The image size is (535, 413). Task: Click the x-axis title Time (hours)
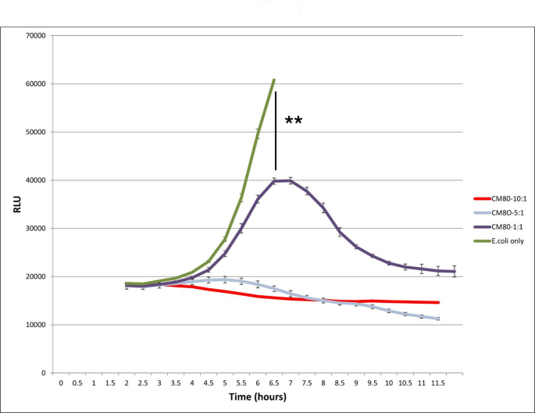258,397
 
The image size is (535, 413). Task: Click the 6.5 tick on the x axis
273,383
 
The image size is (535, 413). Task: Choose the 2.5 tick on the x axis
143,383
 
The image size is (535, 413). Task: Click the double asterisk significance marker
294,121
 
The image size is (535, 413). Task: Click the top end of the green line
274,80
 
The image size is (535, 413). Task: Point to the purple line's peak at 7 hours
290,180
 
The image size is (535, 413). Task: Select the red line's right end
438,302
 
